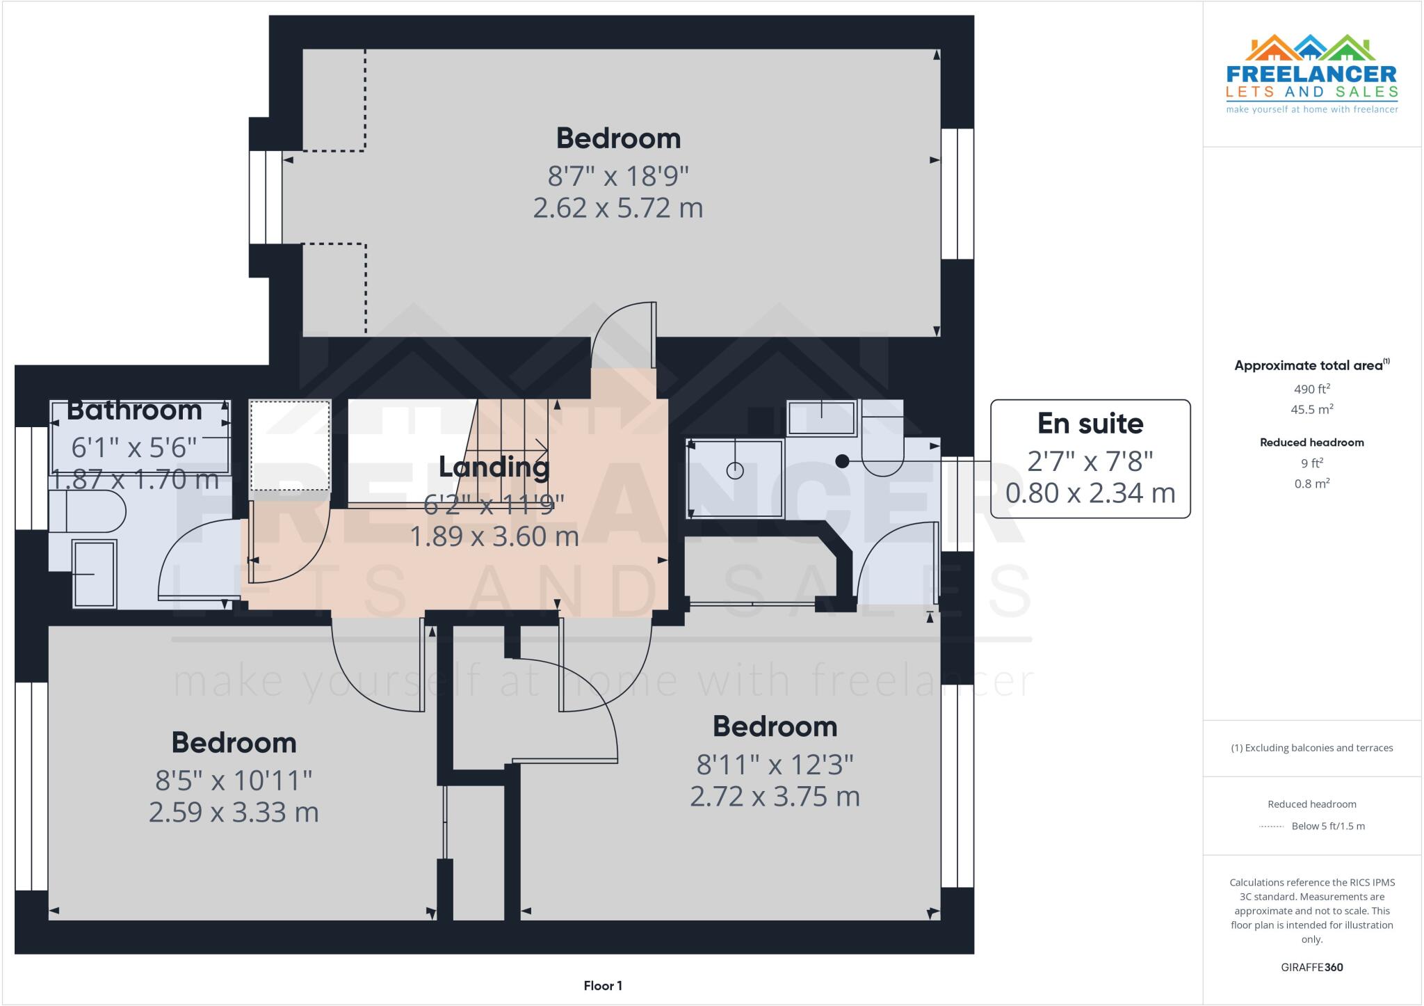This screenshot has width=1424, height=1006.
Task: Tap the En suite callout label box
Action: click(x=1090, y=458)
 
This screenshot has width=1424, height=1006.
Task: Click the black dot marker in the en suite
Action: click(x=842, y=461)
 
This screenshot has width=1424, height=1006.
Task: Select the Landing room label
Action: click(x=494, y=467)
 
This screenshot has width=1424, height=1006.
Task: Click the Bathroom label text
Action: click(x=134, y=410)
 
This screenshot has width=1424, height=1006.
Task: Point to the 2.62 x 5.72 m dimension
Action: click(x=617, y=208)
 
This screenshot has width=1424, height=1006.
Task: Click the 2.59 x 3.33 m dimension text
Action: click(x=234, y=812)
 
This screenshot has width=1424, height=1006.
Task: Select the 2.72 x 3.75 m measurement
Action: click(x=775, y=796)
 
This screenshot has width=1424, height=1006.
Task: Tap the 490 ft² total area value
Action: click(x=1311, y=389)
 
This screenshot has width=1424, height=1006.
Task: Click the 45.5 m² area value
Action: click(x=1311, y=409)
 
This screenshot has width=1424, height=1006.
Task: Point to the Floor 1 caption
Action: click(x=603, y=985)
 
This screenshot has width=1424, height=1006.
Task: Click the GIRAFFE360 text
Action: click(x=1311, y=967)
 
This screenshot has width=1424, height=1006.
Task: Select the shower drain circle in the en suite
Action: click(x=735, y=471)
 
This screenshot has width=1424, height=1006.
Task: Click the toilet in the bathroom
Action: click(x=88, y=511)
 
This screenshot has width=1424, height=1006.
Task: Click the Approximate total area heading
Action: click(x=1311, y=365)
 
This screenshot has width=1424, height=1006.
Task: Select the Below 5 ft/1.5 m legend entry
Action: click(x=1327, y=826)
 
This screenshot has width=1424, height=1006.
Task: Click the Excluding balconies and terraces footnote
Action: click(x=1311, y=748)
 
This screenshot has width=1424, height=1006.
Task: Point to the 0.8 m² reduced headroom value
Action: click(x=1311, y=484)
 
